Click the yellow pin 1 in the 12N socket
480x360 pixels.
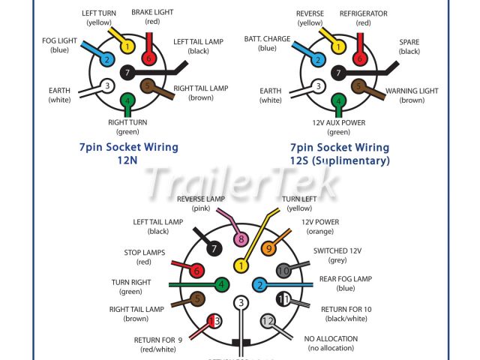(127, 46)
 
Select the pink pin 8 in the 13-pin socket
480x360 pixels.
(241, 240)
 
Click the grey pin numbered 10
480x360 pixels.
(283, 271)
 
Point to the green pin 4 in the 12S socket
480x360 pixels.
(339, 101)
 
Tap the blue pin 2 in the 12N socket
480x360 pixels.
(107, 59)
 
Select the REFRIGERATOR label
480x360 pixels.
(363, 13)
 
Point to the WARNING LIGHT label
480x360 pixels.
(411, 91)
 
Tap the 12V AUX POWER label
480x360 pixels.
(339, 122)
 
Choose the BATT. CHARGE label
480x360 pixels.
(268, 39)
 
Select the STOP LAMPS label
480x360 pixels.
(143, 253)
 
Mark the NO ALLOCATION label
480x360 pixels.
(331, 339)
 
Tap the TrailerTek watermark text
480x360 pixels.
(241, 183)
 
